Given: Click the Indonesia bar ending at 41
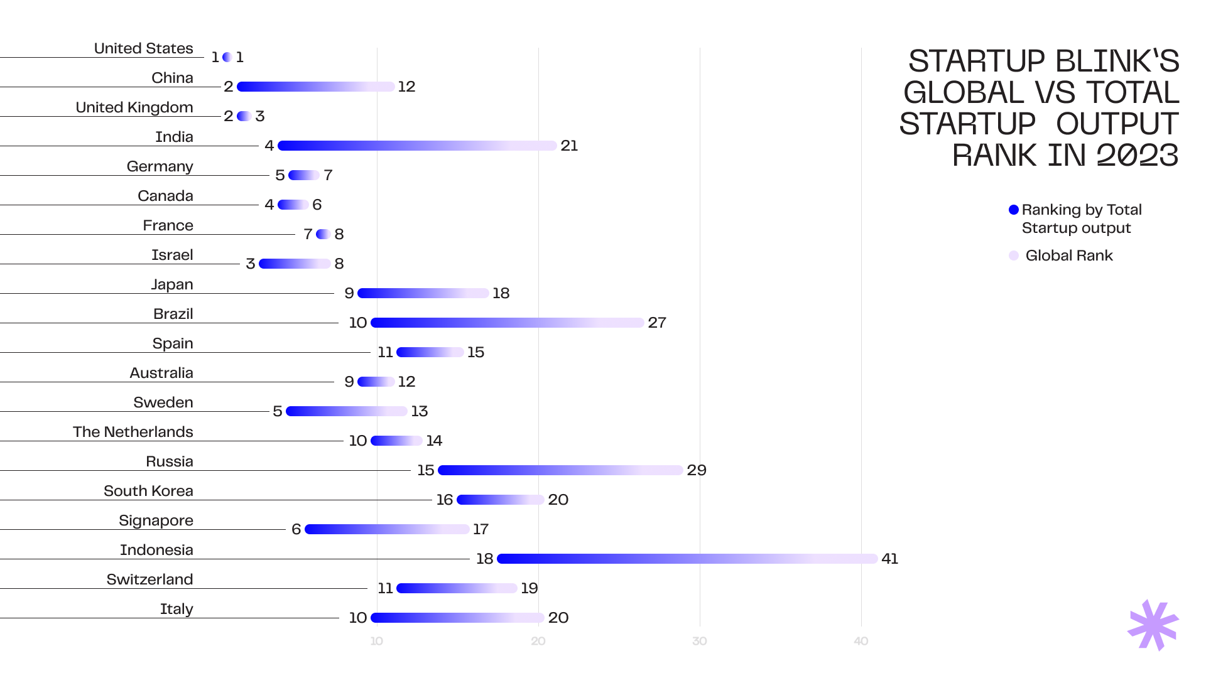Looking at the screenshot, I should (687, 559).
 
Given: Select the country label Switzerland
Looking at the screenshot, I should (149, 579).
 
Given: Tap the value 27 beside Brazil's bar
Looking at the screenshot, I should (657, 323).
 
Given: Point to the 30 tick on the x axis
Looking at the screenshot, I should (699, 641).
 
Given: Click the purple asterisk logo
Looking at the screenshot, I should (1153, 625).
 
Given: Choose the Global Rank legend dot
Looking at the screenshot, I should (1013, 256).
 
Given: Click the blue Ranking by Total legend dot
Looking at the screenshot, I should (1013, 210).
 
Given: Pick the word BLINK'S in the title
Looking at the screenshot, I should (1117, 62).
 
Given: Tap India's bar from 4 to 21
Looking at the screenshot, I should (417, 146).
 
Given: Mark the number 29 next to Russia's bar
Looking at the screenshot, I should (697, 470).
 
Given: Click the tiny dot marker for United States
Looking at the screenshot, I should (227, 57).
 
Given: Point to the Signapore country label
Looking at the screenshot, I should (156, 520).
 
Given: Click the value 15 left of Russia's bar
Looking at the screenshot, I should (425, 470).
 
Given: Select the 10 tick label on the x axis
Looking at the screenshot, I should (376, 641).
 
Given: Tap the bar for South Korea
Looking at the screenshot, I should (500, 500).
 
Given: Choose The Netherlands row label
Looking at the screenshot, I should (133, 432).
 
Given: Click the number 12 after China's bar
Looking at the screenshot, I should (406, 87).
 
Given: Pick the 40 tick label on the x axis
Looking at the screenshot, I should (861, 641).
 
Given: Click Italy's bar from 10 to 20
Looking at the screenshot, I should (457, 618).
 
